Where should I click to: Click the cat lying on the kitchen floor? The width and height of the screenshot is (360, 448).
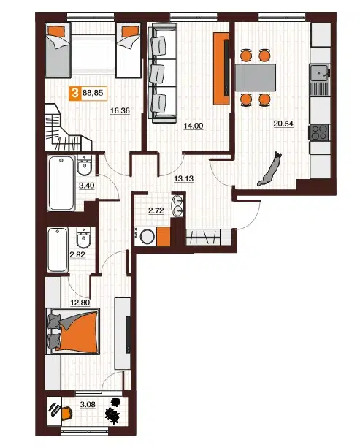click(269, 170)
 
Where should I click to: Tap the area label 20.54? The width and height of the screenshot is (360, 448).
click(283, 124)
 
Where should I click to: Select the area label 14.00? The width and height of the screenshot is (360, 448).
click(194, 126)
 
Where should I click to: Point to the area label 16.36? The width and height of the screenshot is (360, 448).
click(120, 110)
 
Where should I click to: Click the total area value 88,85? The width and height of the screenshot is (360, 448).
click(93, 93)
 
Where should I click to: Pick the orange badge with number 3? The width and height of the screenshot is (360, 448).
click(75, 93)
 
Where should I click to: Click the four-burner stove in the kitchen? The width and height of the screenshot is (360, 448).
click(319, 132)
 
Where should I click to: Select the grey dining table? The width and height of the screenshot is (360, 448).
click(256, 77)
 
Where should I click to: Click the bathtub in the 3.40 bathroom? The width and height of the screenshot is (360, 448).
click(61, 183)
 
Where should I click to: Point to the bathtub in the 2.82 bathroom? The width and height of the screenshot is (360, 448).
click(58, 250)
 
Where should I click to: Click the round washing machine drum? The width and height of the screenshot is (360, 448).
click(148, 237)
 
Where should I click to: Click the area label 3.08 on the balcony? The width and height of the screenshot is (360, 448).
click(88, 405)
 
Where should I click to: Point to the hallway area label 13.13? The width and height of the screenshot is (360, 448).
click(184, 179)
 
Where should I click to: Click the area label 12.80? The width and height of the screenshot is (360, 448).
click(80, 303)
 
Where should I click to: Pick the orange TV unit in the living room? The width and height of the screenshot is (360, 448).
click(221, 69)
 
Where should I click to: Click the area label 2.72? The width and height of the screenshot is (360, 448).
click(156, 211)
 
